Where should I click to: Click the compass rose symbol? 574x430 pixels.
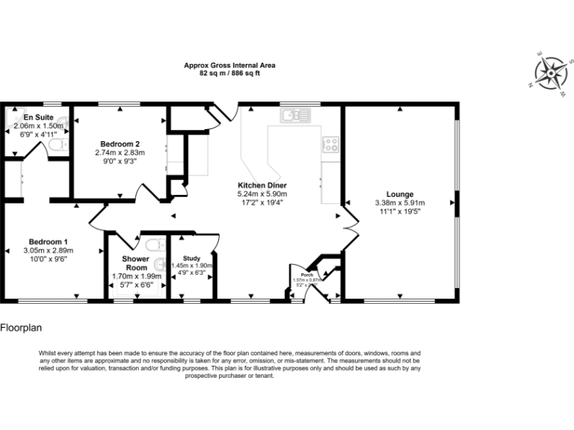(x=550, y=72)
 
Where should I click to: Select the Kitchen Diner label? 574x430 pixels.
(x=262, y=185)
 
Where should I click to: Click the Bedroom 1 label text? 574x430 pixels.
(x=49, y=241)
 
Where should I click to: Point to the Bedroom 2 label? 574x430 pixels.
(x=119, y=143)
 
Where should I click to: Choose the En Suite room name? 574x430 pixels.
(x=37, y=118)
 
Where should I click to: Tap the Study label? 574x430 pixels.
(x=191, y=258)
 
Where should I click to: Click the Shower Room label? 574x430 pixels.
(x=135, y=263)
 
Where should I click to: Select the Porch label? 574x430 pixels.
(x=297, y=274)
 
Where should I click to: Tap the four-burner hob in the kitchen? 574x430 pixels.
(x=330, y=144)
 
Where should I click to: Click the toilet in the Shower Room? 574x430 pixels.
(x=155, y=244)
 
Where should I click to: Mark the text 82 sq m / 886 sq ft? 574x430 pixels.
(x=229, y=74)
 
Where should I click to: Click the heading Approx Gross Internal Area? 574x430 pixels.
(x=229, y=66)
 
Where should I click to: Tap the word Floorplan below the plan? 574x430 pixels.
(x=22, y=327)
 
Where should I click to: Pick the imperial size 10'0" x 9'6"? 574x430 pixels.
(x=49, y=259)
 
